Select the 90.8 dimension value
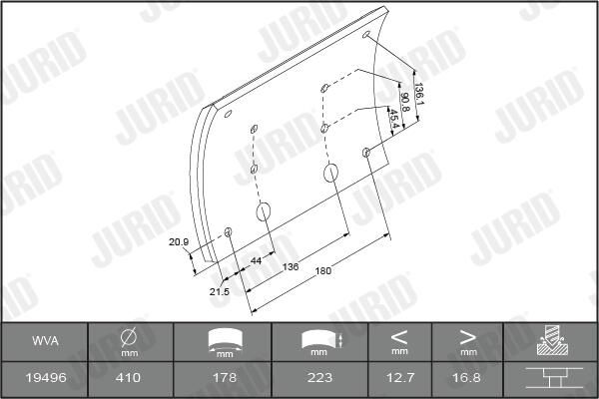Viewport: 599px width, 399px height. point(405,101)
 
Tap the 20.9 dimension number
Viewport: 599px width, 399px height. point(179,241)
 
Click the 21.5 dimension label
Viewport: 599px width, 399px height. point(220,291)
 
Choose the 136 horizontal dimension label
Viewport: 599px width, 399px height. point(291,266)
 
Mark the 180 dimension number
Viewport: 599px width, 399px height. point(323,270)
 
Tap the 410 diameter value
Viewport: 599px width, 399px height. point(129,379)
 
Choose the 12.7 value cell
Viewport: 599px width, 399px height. point(399,379)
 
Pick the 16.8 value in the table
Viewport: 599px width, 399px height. point(468,379)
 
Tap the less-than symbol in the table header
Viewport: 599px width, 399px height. point(399,335)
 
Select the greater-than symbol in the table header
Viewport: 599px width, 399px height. point(468,335)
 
